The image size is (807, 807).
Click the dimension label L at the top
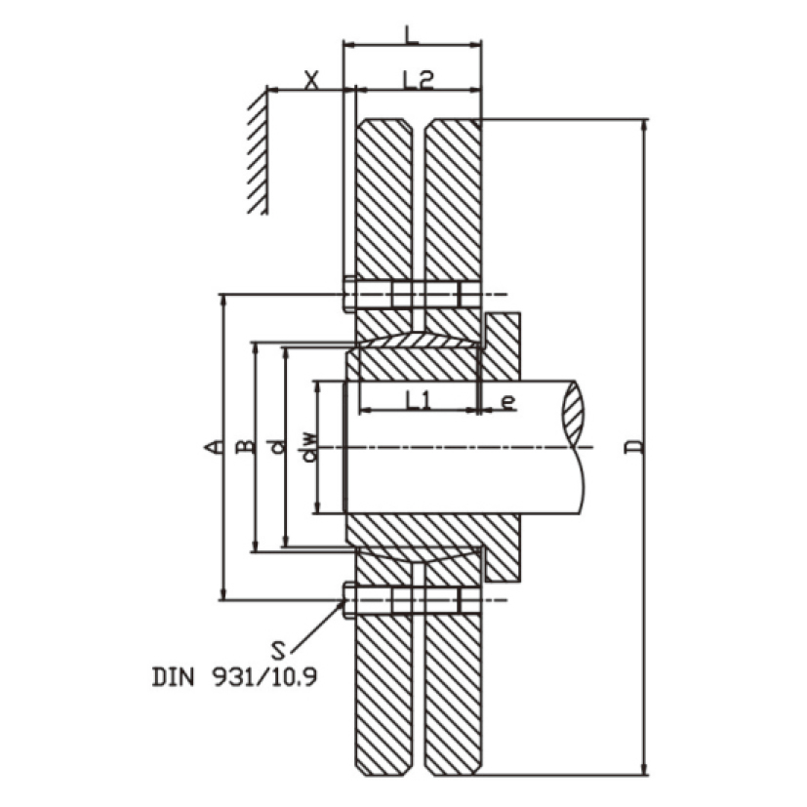411,34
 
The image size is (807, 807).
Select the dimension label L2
419,80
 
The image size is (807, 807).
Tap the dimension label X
311,80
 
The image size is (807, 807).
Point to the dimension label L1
418,400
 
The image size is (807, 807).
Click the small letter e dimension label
508,401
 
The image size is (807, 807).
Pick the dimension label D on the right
635,447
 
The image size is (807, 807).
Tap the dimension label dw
309,447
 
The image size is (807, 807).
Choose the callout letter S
278,651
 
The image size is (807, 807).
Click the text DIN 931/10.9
235,677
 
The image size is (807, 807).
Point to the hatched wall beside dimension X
258,152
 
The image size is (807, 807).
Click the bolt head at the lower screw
349,600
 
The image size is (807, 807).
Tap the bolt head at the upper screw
349,295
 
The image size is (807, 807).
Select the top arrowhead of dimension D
643,126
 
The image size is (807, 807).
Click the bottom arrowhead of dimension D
643,768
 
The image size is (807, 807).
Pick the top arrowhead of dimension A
223,302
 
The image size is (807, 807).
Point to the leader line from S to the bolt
316,627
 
